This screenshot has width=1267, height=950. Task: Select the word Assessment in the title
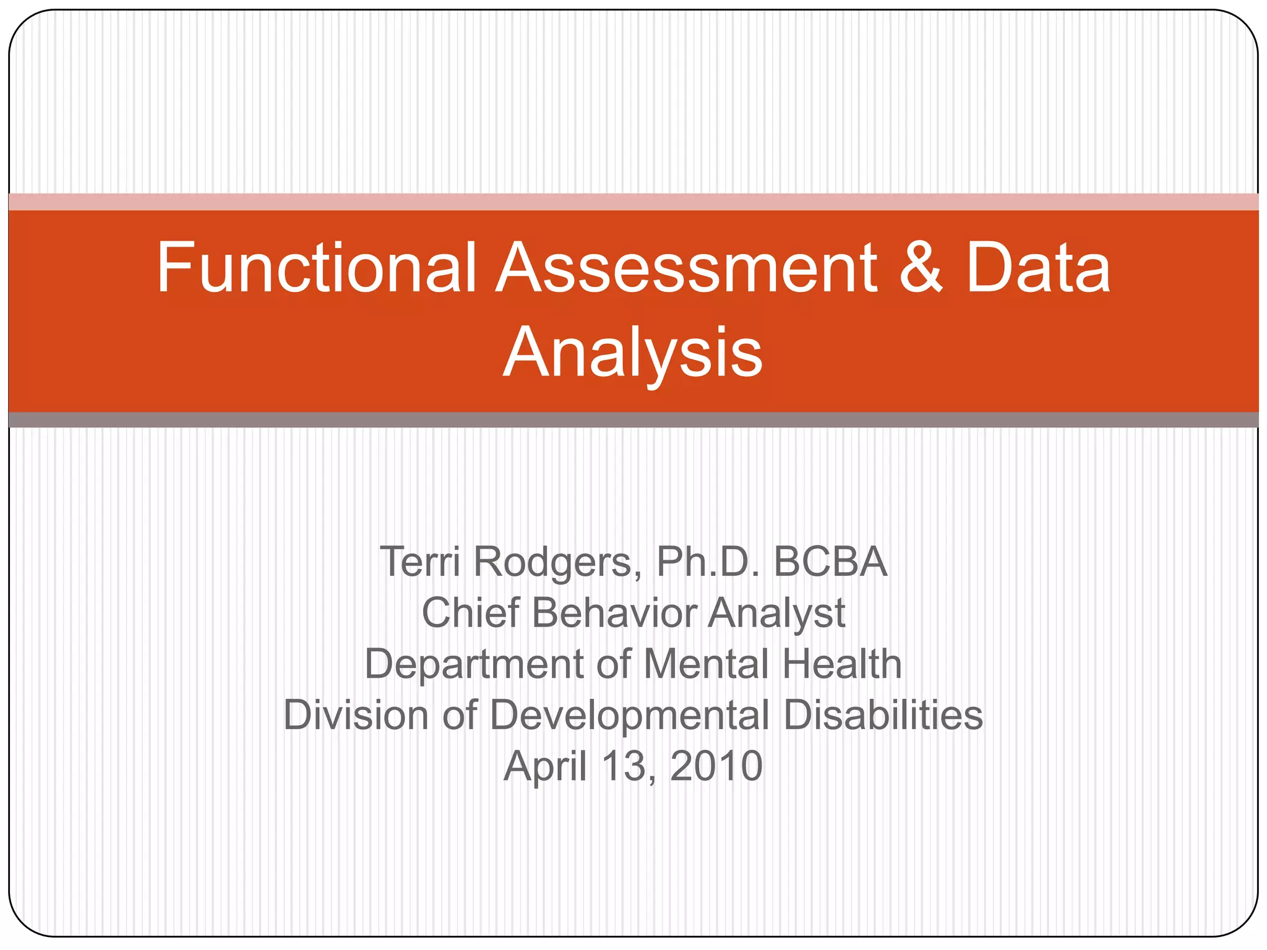point(687,268)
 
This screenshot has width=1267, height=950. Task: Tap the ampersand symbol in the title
point(921,268)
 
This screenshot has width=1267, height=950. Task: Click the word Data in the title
point(1039,268)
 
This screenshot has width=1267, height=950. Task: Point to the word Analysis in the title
point(633,353)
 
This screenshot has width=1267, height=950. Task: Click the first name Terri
point(420,562)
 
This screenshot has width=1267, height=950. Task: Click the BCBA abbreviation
point(830,562)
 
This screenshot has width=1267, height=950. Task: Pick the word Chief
point(470,613)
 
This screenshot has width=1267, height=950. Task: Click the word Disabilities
point(883,715)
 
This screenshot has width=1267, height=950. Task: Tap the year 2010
point(716,766)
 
